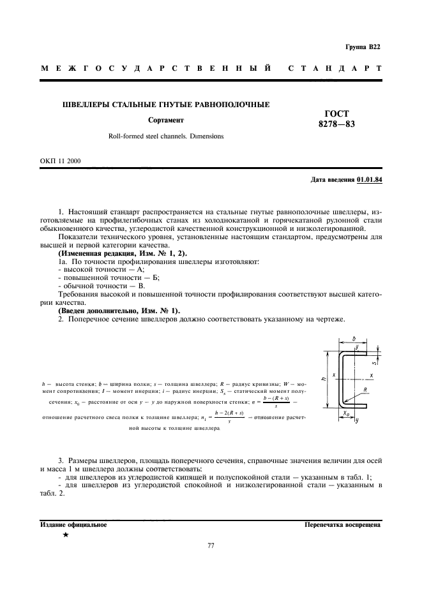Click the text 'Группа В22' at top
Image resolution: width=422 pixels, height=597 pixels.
point(363,47)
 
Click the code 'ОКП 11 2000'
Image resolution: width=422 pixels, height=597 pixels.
point(60,161)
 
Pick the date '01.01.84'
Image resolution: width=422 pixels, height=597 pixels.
point(369,181)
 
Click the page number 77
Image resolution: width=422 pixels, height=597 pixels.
point(211,546)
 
